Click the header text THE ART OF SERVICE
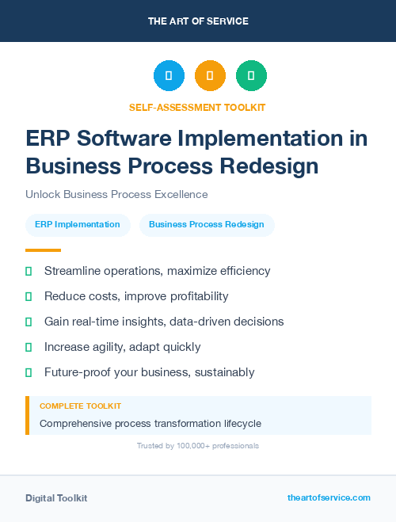[198, 21]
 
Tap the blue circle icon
[169, 76]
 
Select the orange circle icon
[210, 76]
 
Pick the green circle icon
[251, 76]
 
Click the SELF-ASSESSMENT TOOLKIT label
[198, 107]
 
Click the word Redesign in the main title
[268, 166]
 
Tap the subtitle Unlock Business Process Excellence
[116, 194]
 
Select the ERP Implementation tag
[78, 224]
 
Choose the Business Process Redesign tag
[207, 224]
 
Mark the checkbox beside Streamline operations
[29, 272]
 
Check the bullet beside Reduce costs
[29, 296]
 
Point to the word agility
[115, 347]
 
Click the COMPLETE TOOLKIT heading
[80, 406]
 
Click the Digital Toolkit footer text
[56, 497]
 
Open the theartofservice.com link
[329, 497]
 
